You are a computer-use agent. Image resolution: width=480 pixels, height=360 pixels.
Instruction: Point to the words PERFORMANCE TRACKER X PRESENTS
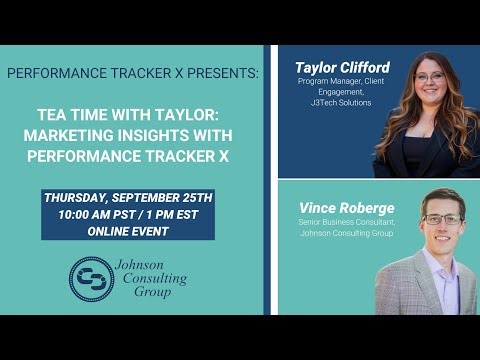pos(132,74)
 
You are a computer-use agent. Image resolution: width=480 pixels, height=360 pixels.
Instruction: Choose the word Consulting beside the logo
pos(150,279)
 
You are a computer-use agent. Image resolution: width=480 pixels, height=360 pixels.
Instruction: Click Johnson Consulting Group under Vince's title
pos(329,236)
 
